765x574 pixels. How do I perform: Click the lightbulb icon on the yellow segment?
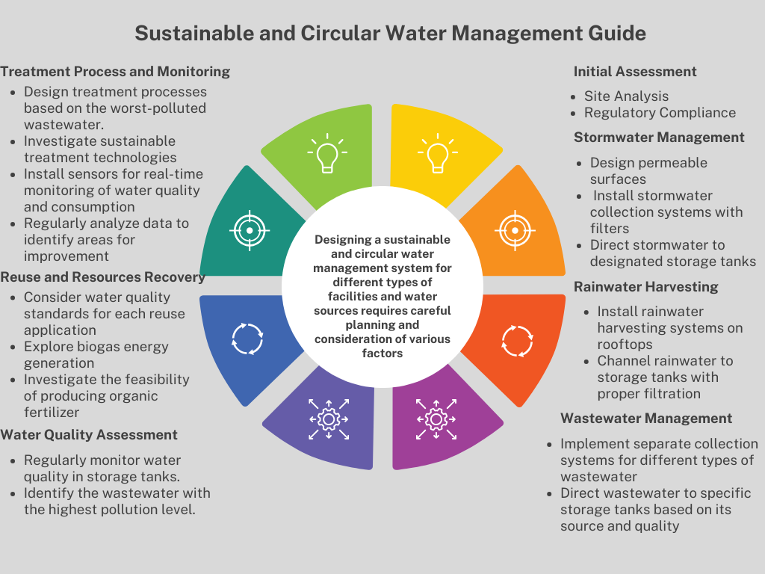437,155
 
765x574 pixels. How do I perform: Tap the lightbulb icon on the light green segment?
326,155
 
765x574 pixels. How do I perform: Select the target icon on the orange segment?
515,230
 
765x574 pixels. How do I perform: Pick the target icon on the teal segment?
250,230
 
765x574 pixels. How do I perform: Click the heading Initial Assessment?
635,72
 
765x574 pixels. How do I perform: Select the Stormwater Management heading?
659,138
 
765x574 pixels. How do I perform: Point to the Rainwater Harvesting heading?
646,287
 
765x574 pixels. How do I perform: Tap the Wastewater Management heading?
646,419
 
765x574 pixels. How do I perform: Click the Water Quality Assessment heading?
89,435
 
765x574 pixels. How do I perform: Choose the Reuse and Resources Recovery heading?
102,277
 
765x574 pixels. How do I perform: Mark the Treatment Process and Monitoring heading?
115,72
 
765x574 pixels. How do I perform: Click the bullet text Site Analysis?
626,96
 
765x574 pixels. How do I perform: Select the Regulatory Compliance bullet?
660,113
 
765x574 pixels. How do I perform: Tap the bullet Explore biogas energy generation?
96,355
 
